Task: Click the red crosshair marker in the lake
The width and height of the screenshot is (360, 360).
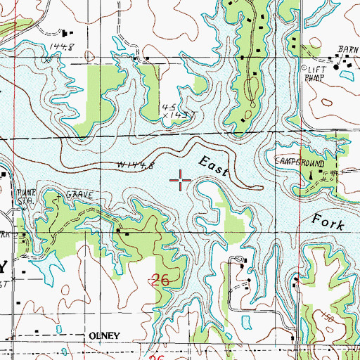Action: click(181, 181)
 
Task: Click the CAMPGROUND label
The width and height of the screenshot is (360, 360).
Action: click(299, 162)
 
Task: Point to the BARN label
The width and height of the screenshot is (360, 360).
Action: click(347, 50)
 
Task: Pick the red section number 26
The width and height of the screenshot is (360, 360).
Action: click(160, 280)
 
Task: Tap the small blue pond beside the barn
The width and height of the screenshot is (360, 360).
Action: click(347, 72)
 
